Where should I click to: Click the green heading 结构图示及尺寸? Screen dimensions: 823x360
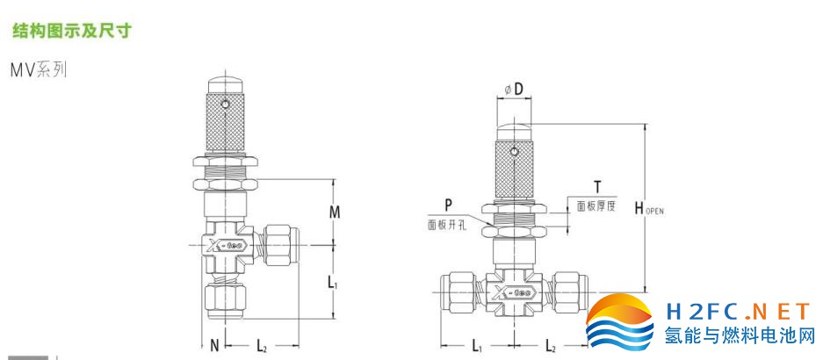coord(71,31)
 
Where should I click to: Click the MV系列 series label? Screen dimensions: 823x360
coord(39,69)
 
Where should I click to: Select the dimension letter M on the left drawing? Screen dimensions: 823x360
coord(335,212)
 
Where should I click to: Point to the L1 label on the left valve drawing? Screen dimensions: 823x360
coord(332,283)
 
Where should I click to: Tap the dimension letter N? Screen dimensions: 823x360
coord(214,345)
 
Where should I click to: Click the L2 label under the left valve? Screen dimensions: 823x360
coord(262,345)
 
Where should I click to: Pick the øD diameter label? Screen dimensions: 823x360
coord(515,90)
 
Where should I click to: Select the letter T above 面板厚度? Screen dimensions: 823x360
coord(596,186)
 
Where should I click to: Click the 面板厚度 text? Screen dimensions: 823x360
coord(596,206)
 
